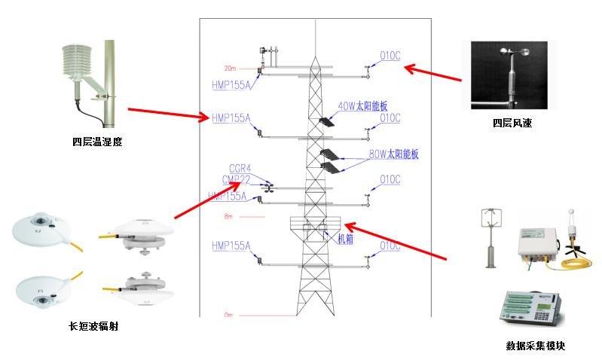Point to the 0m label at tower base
coord(230,313)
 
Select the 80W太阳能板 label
coord(393,155)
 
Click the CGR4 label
coord(240,168)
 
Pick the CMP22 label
coord(237,179)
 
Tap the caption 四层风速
coord(512,122)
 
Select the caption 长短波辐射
coord(93,326)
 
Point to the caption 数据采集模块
coord(535,346)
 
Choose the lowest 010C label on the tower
coord(390,246)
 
